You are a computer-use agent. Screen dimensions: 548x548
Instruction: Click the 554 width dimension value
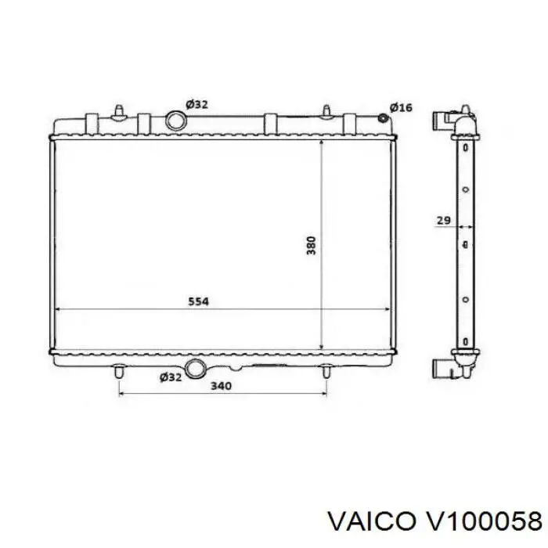(x=199, y=301)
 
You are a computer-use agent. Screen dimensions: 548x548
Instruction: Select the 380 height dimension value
(x=311, y=245)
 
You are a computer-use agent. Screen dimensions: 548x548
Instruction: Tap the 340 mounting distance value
(x=221, y=386)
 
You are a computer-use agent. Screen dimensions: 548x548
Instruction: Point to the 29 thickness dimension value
(x=444, y=221)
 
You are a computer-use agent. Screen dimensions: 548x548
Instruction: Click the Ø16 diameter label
(x=401, y=107)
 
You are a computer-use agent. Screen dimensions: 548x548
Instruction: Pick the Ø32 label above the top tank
(x=196, y=104)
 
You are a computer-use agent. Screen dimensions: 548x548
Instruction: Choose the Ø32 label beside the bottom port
(x=171, y=377)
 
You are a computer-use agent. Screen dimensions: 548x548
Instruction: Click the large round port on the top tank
(x=175, y=121)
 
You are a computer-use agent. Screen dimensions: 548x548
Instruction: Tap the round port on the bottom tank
(x=196, y=369)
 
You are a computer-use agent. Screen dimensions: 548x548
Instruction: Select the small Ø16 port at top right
(x=384, y=118)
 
